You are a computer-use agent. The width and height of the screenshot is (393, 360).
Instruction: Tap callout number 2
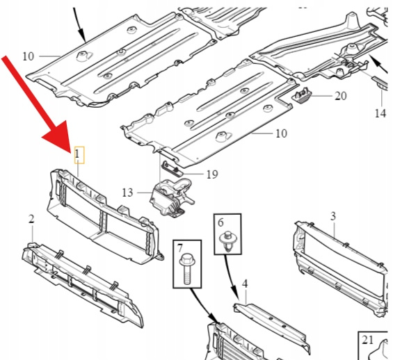pos(31,219)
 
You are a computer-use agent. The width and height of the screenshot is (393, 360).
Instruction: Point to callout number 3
pos(333,216)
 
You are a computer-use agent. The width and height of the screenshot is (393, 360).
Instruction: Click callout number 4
pos(245,284)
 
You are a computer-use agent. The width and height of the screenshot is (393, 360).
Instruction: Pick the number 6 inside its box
pos(220,222)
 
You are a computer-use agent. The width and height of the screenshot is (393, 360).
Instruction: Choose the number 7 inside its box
pos(179,249)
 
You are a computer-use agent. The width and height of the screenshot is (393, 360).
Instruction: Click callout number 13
pos(127,193)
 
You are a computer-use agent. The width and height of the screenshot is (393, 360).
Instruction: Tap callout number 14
pos(380,113)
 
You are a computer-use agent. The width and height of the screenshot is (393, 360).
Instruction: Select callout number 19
pos(212,174)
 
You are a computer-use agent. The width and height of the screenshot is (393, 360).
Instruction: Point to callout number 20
pos(341,96)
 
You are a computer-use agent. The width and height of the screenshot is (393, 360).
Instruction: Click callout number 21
pos(368,340)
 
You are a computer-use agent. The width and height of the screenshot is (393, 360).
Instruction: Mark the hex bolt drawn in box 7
pos(186,269)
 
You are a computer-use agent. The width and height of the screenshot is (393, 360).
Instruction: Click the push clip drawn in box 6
pos(227,241)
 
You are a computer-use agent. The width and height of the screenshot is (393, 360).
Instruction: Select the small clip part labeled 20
pos(302,95)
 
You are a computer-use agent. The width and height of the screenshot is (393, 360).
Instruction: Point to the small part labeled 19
pos(173,167)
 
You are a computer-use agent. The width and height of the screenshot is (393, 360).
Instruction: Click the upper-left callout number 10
pos(28,56)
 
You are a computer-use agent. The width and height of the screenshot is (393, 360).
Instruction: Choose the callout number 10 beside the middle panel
pos(281,133)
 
